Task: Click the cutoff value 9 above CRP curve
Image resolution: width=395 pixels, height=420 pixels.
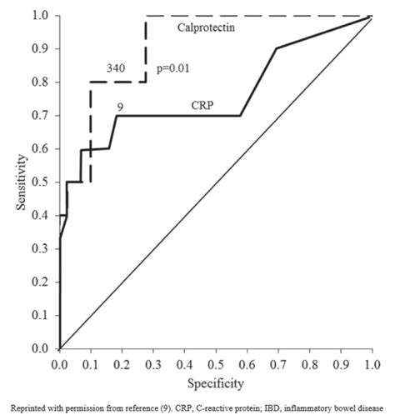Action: (122, 106)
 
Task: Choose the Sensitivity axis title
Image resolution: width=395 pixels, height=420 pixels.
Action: (19, 182)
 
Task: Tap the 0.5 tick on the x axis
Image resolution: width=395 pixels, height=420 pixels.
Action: (216, 364)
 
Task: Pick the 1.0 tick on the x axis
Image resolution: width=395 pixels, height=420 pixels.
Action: (372, 364)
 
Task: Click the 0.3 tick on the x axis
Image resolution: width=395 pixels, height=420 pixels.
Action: (153, 364)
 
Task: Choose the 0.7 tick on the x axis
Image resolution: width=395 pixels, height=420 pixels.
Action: (278, 364)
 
